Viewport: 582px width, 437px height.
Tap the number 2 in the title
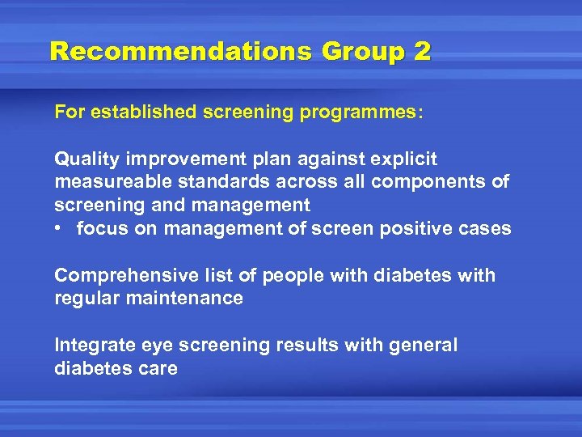(422, 52)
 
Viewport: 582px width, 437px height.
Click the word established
(142, 112)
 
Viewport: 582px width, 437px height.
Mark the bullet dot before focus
(61, 229)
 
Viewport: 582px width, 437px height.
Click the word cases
(488, 228)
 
